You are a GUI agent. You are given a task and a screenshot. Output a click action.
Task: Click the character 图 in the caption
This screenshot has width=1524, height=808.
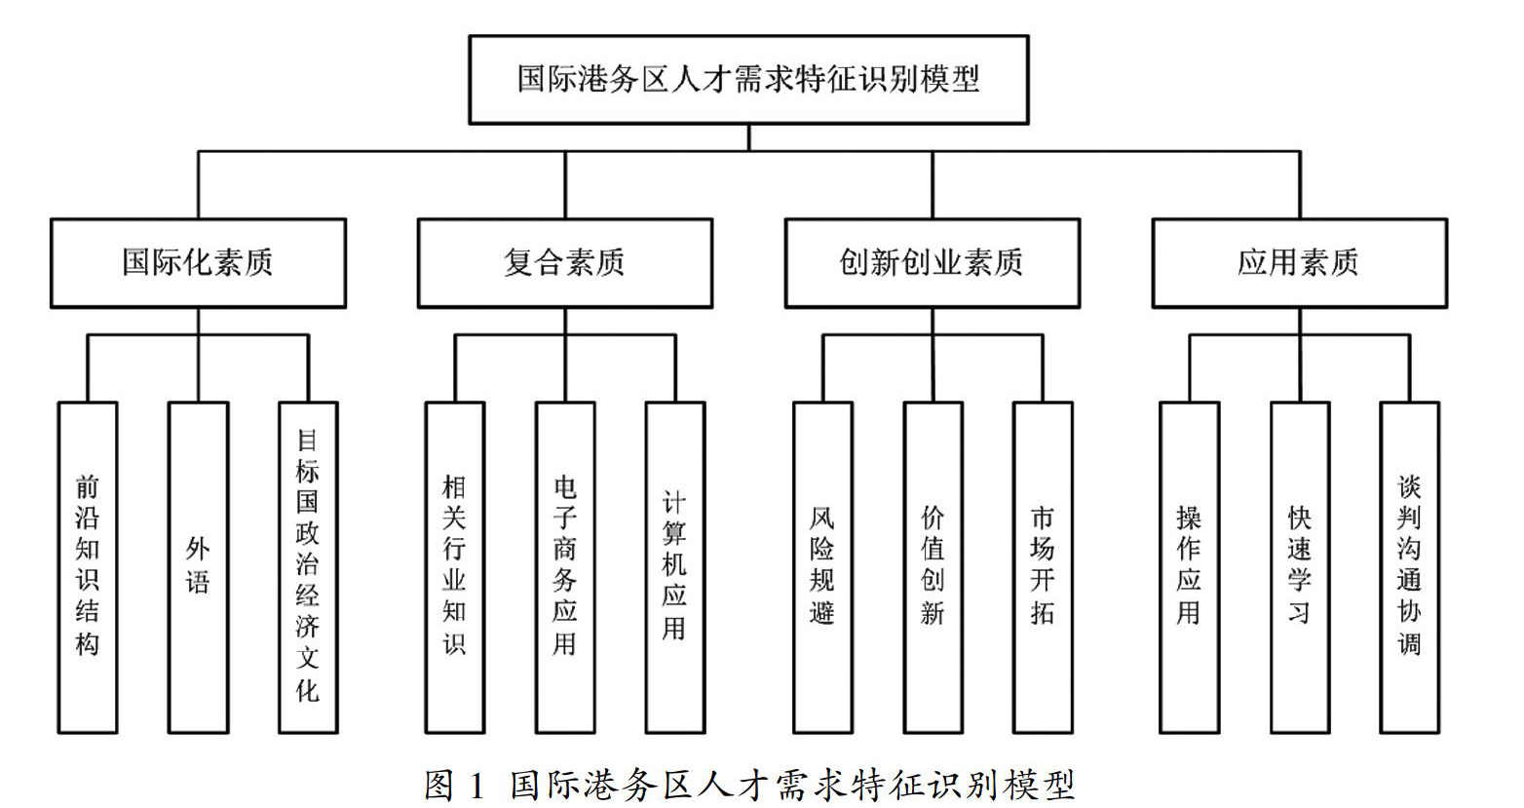pyautogui.click(x=438, y=786)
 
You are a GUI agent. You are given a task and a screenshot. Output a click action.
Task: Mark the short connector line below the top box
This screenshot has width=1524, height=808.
pyautogui.click(x=748, y=137)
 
